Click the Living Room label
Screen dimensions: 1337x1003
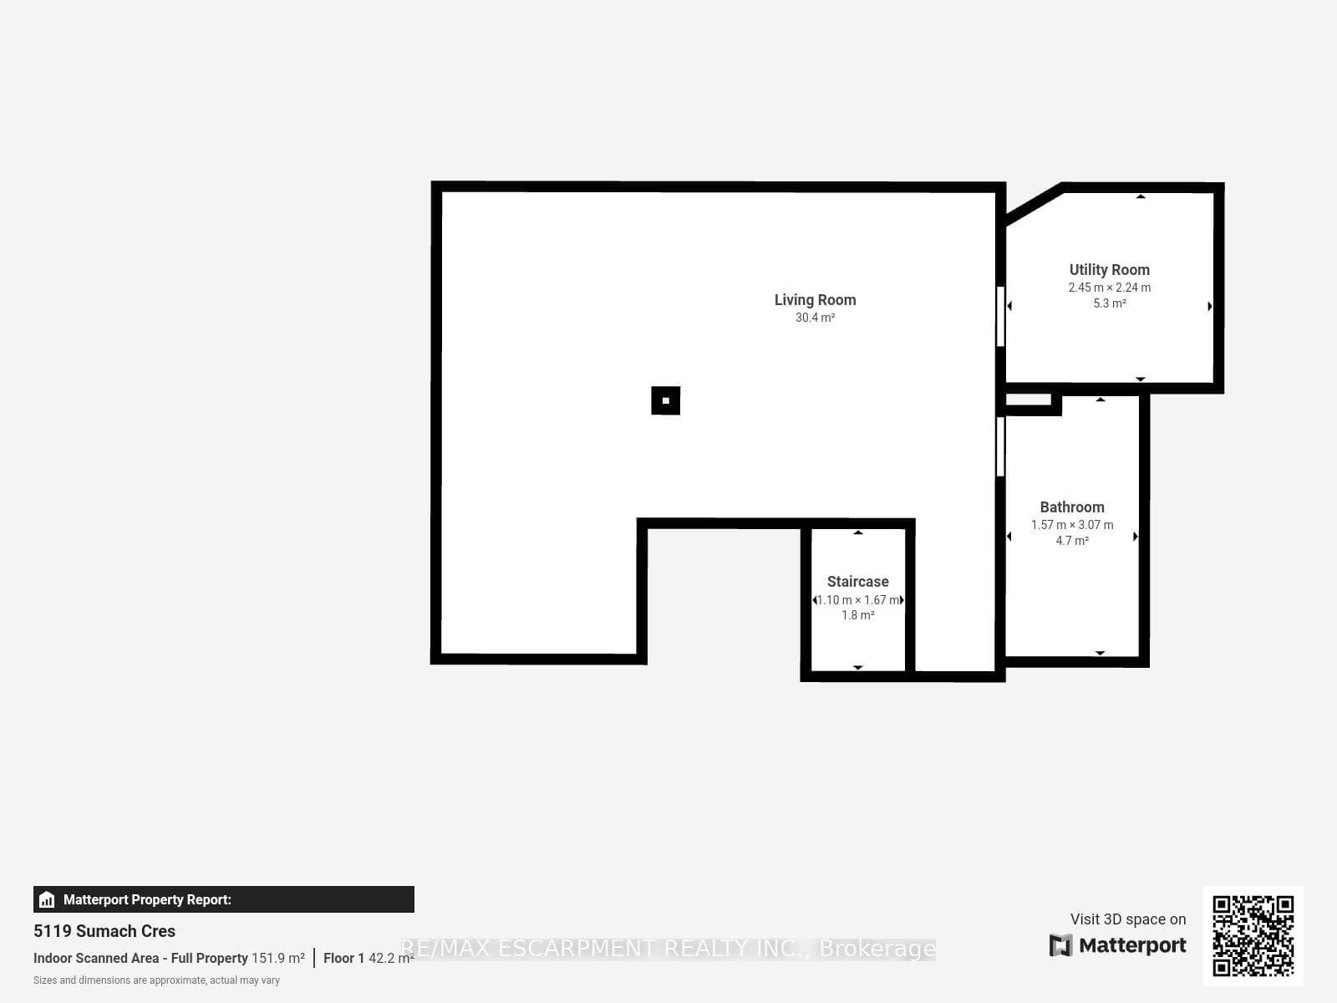click(x=815, y=299)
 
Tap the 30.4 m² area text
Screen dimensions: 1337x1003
click(x=815, y=318)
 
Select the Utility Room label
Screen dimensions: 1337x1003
click(x=1109, y=270)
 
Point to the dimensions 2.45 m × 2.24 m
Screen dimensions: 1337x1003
click(x=1109, y=288)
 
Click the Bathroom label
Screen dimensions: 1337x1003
click(x=1072, y=507)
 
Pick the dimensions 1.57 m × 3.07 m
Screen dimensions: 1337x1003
click(x=1072, y=525)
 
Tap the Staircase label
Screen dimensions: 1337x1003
click(x=857, y=582)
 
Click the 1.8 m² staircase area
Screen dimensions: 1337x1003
click(x=857, y=615)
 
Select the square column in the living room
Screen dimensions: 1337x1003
click(x=666, y=400)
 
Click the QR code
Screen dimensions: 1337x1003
click(x=1253, y=935)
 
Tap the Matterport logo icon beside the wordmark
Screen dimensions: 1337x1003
click(x=1060, y=945)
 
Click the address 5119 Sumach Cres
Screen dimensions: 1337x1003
click(x=104, y=931)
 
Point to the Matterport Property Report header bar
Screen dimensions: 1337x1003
click(x=224, y=899)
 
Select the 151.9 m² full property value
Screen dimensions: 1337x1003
click(x=278, y=958)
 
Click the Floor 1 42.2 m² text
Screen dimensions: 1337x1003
click(x=369, y=958)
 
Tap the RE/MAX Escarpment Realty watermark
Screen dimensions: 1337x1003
click(x=668, y=948)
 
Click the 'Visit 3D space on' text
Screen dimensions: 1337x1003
click(x=1128, y=919)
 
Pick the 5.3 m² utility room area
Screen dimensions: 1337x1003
click(x=1109, y=303)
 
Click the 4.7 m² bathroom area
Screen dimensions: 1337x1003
click(x=1072, y=541)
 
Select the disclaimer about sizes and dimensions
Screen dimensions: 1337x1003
click(x=156, y=980)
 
